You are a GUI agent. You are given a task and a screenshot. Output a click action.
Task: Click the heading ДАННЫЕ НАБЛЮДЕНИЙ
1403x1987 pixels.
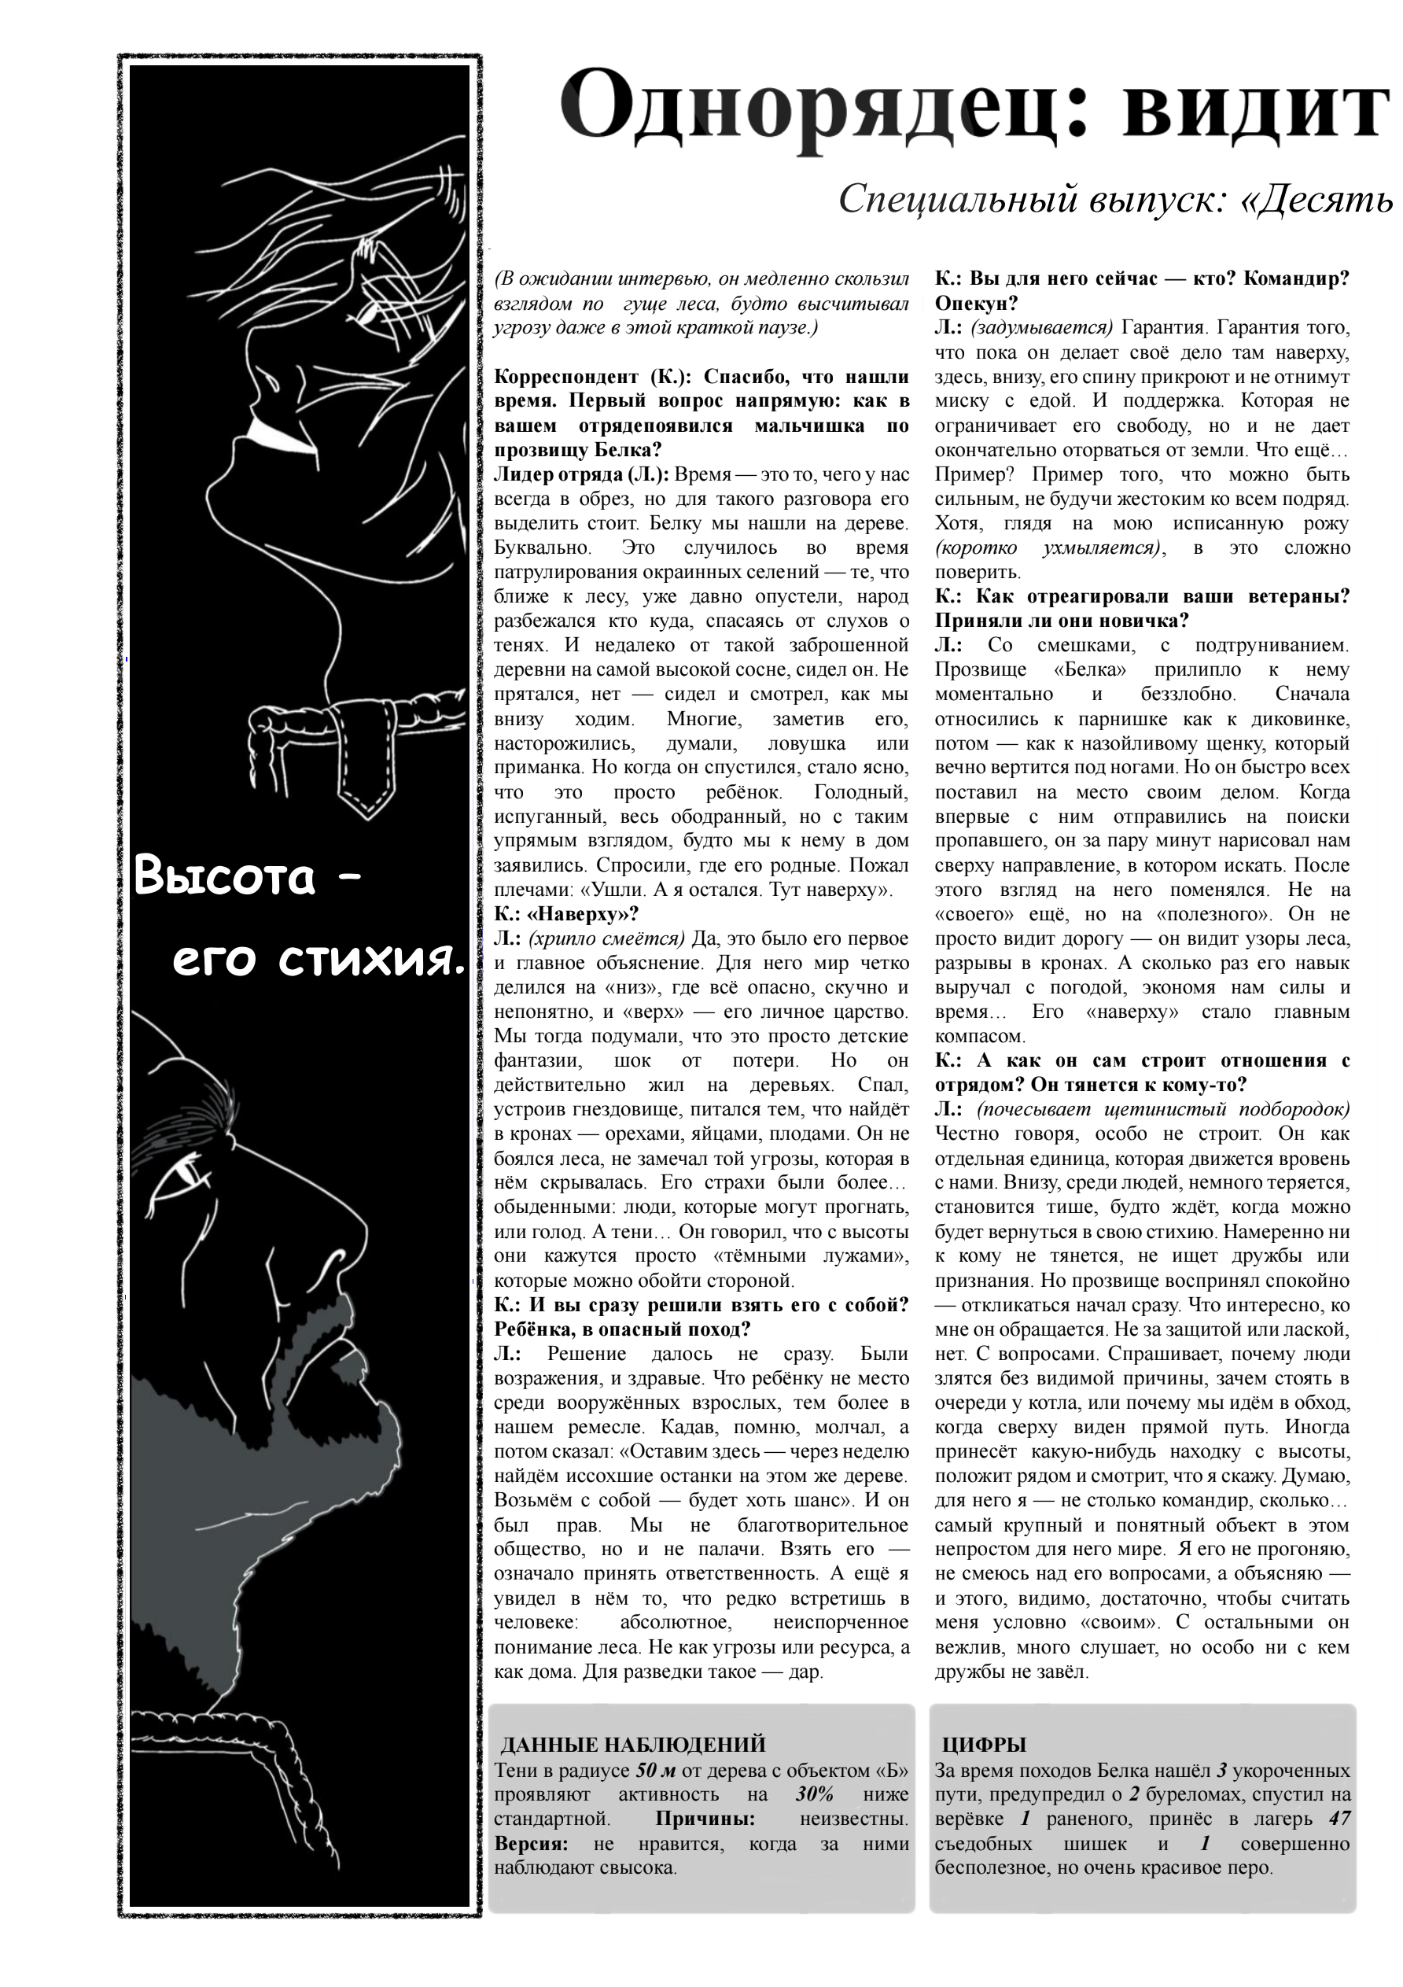[633, 1745]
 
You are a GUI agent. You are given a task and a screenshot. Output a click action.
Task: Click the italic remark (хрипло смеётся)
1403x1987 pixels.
[606, 938]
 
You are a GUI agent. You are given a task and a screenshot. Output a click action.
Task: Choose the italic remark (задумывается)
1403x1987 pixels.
[1041, 327]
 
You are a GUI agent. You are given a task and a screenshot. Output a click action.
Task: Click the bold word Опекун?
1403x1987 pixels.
[976, 303]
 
